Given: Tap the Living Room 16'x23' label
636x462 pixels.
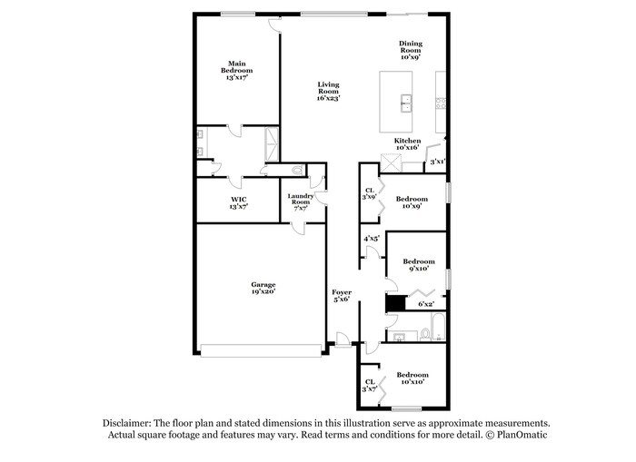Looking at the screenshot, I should click(x=328, y=91).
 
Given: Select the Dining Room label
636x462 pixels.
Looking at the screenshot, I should click(x=411, y=50).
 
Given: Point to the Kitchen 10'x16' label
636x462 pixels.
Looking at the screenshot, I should click(x=407, y=145).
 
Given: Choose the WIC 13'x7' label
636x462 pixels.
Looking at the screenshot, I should click(x=238, y=202).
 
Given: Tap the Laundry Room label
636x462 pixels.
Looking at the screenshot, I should click(x=301, y=202).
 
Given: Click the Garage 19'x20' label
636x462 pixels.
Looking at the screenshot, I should click(x=263, y=289).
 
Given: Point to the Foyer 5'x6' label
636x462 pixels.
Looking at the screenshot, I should click(x=342, y=296).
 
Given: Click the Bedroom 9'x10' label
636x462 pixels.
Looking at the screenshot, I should click(x=418, y=264).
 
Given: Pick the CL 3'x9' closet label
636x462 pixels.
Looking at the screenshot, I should click(x=369, y=193).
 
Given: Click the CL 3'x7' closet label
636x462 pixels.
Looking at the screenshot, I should click(x=369, y=385).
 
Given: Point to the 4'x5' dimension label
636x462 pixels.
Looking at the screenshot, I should click(x=371, y=239).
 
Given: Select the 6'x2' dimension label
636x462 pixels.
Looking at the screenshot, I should click(x=426, y=304).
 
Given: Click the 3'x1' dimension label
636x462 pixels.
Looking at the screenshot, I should click(x=437, y=162).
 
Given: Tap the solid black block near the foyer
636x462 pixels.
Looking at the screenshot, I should click(x=393, y=304).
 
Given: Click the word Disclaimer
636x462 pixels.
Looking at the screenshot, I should click(x=126, y=423).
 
